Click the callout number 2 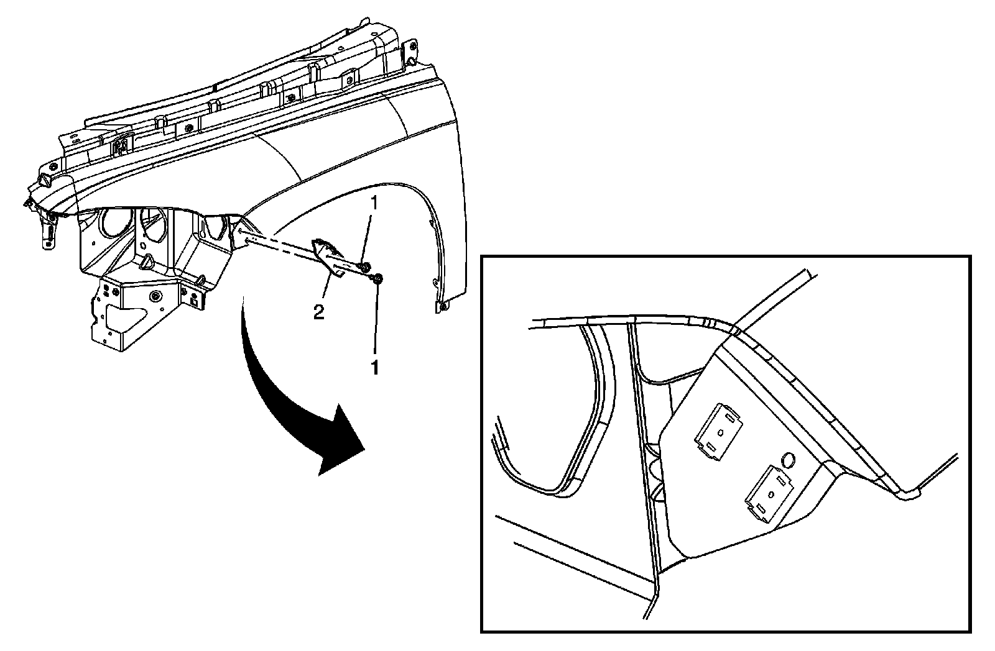tap(318, 312)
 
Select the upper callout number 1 tap(373, 203)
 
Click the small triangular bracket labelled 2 tap(328, 256)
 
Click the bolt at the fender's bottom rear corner tap(442, 307)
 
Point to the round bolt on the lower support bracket tap(154, 294)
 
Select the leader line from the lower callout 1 tap(376, 323)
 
